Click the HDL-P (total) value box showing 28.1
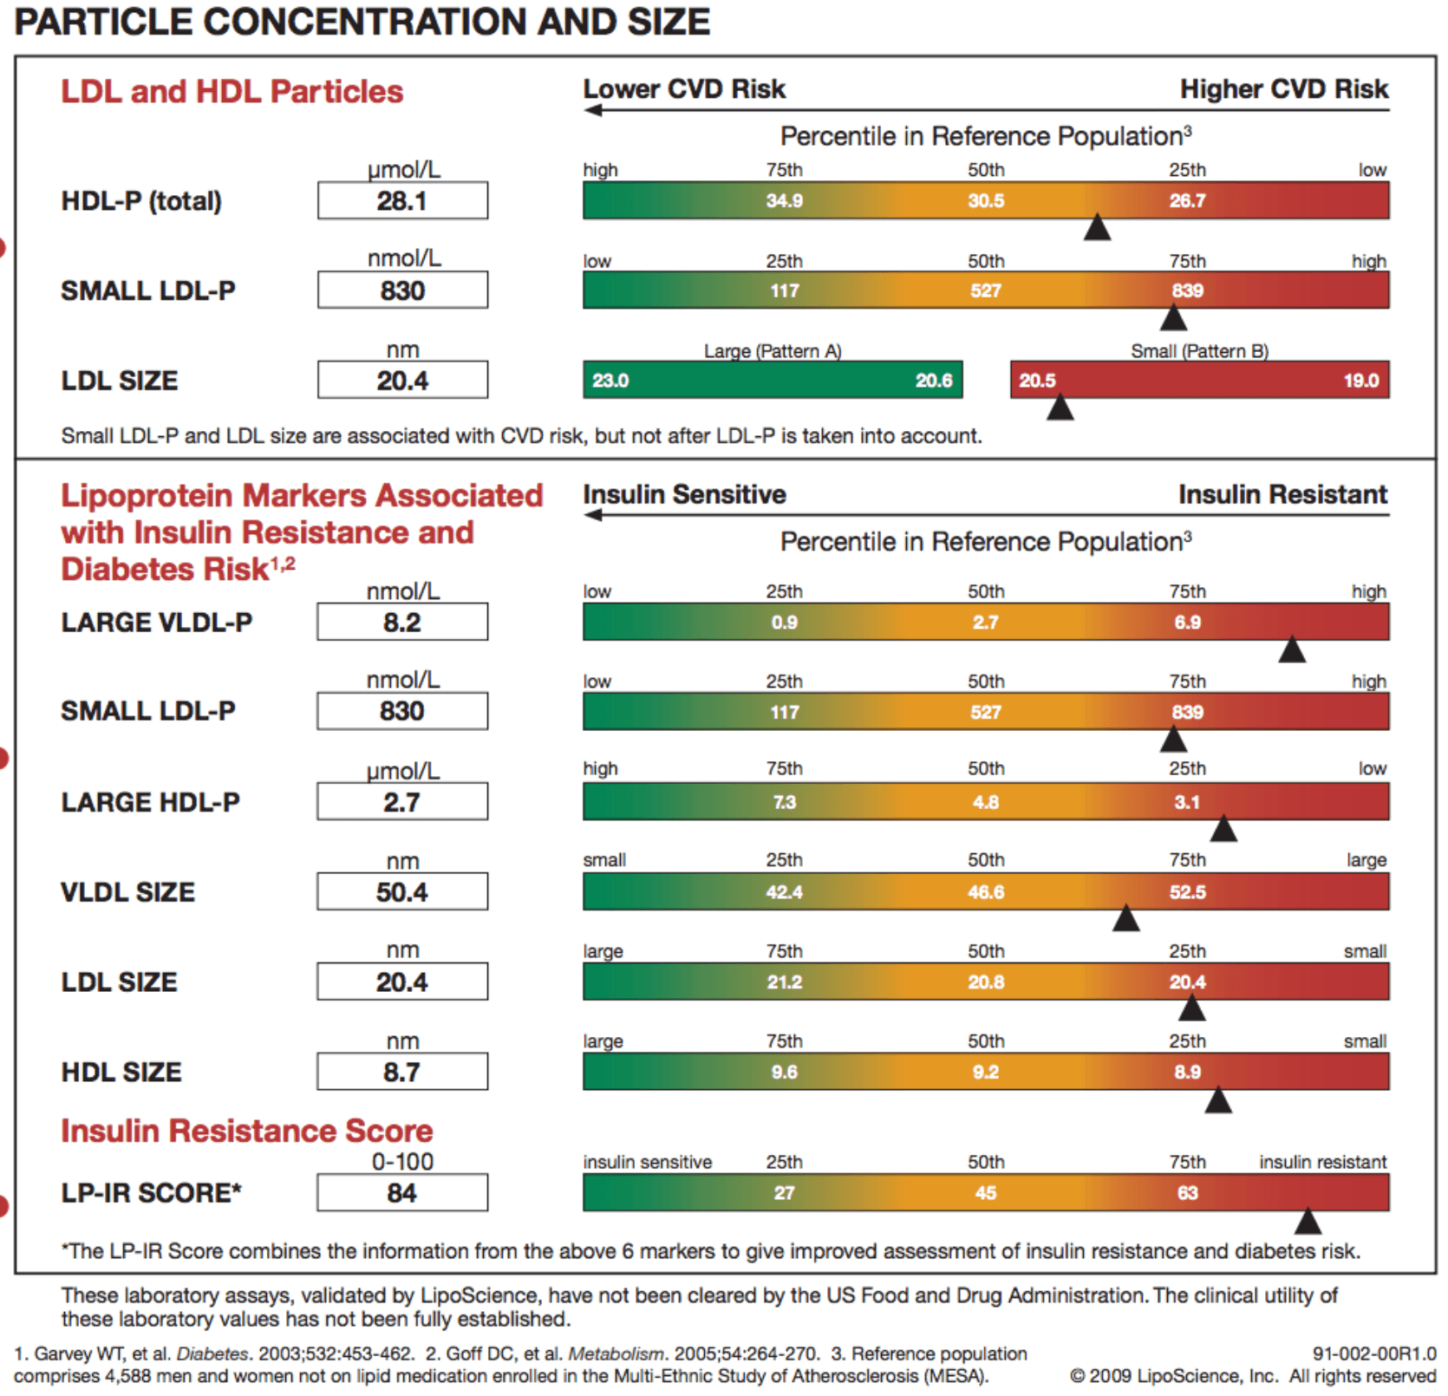402,201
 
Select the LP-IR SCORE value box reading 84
402,1193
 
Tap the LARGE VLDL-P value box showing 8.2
402,623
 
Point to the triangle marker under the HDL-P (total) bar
1097,228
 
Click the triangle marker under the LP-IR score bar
1308,1222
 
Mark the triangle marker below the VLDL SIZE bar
1125,918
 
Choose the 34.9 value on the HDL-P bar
784,201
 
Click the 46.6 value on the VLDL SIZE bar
986,892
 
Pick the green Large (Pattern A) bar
772,381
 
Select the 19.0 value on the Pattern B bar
1360,381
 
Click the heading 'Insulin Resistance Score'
246,1131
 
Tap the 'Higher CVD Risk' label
1283,89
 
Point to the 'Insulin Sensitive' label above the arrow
684,494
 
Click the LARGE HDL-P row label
150,802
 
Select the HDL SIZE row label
121,1073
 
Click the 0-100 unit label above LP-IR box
402,1162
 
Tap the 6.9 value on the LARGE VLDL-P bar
1187,623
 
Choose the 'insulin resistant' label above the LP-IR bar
1322,1162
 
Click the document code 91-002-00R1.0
1373,1354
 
